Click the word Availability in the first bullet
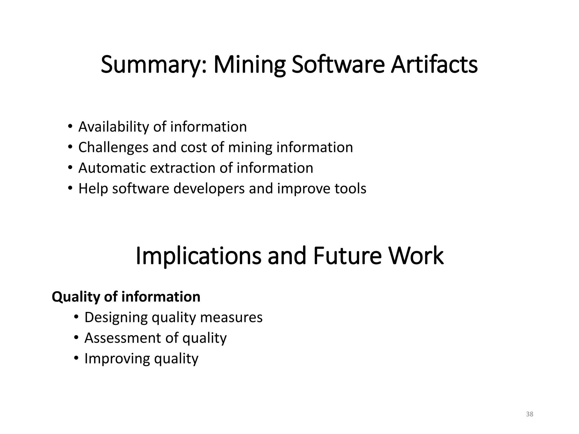tap(114, 127)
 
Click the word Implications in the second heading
tap(198, 256)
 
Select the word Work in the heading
tap(416, 256)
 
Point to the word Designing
tap(116, 318)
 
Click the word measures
tap(231, 317)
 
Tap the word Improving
tap(117, 359)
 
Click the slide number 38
tap(530, 414)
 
